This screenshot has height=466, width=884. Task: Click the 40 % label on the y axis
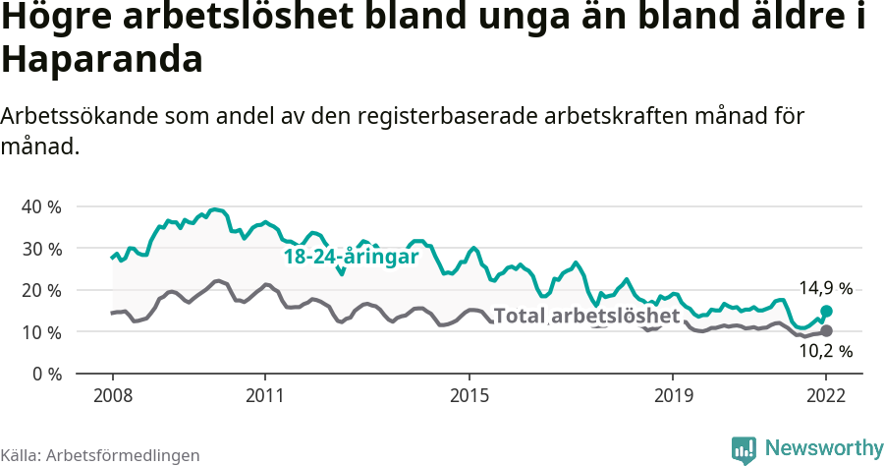(40, 207)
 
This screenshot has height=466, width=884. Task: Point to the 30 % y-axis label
(40, 249)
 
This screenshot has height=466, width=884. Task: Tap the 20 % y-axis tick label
(40, 291)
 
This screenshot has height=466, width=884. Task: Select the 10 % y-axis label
(40, 332)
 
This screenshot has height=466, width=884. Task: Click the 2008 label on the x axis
(112, 396)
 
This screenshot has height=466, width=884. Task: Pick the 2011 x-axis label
(265, 396)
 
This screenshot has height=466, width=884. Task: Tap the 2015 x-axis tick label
(469, 396)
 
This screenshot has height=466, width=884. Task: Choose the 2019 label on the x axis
(673, 396)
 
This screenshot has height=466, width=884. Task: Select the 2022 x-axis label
(826, 396)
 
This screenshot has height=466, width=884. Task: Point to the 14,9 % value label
(825, 288)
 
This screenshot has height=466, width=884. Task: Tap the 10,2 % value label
(825, 351)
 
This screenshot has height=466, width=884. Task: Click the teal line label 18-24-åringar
(351, 257)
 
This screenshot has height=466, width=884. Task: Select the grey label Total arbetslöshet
(586, 316)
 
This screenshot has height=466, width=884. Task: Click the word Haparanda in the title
(102, 60)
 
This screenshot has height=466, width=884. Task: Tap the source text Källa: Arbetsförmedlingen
(100, 455)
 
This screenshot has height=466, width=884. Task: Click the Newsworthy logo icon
(744, 449)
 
